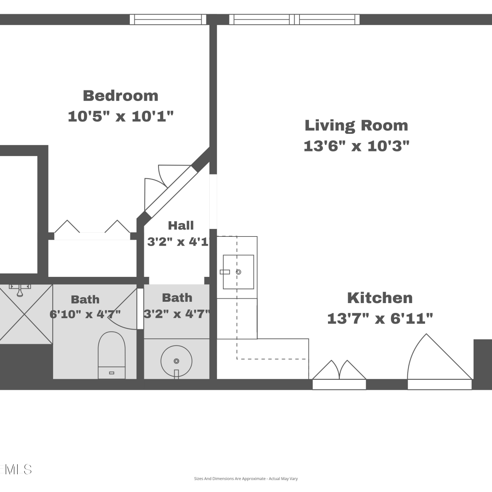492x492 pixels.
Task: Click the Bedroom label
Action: coord(120,96)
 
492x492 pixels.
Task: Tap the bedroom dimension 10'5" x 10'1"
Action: coord(120,116)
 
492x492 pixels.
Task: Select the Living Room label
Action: coord(356,126)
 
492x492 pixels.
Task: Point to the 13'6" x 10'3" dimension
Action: coord(357,146)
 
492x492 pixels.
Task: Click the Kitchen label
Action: coord(380,298)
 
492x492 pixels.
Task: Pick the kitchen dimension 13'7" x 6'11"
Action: coord(380,318)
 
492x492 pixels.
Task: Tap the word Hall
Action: coord(181,225)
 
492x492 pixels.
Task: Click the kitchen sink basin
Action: coord(238,272)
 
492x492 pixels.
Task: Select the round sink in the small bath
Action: coord(176,361)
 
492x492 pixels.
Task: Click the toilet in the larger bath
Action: coord(112,355)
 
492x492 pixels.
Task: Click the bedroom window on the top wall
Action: coord(168,19)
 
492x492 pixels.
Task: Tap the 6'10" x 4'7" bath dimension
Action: coord(85,314)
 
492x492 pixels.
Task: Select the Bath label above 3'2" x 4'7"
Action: coord(177,298)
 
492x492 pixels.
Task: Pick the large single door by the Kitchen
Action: coord(440,361)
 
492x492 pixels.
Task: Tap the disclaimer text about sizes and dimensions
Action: coord(246,479)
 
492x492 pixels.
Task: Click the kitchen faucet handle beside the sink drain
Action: coord(225,272)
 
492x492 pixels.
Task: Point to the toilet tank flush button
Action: coord(112,373)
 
